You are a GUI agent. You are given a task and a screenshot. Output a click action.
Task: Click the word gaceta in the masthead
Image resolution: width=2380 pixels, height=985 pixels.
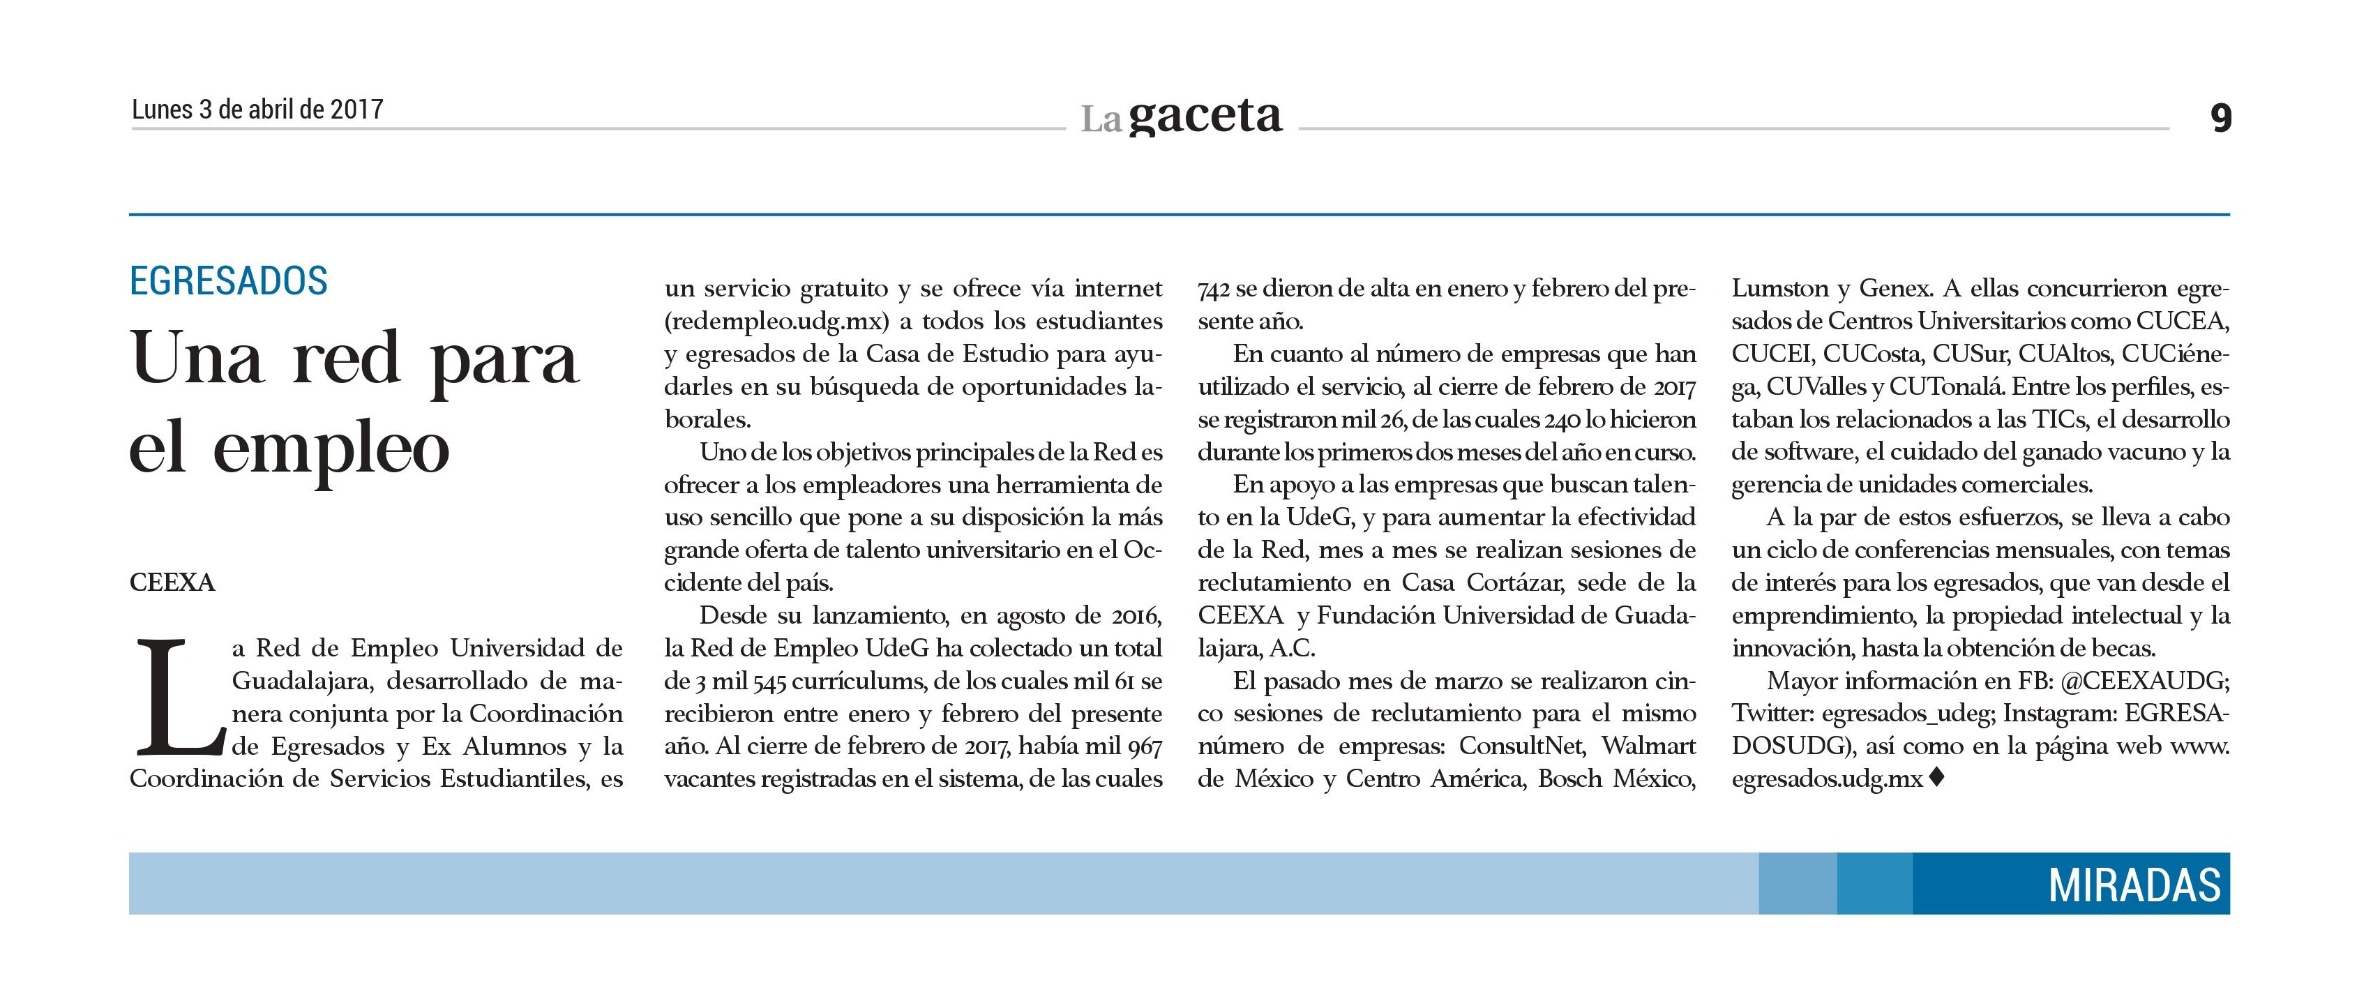pos(1205,116)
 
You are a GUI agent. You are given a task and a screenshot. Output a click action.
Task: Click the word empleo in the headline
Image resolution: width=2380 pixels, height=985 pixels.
pos(331,450)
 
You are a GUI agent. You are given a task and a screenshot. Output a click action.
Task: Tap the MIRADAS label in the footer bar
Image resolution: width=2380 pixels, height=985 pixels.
pos(2134,885)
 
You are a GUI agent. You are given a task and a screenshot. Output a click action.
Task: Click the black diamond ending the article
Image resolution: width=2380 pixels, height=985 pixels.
pos(1936,778)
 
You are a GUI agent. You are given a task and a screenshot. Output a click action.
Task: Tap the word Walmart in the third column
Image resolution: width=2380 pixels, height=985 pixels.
pos(1648,746)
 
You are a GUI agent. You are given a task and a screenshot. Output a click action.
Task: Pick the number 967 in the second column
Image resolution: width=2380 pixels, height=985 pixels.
pos(1144,746)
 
